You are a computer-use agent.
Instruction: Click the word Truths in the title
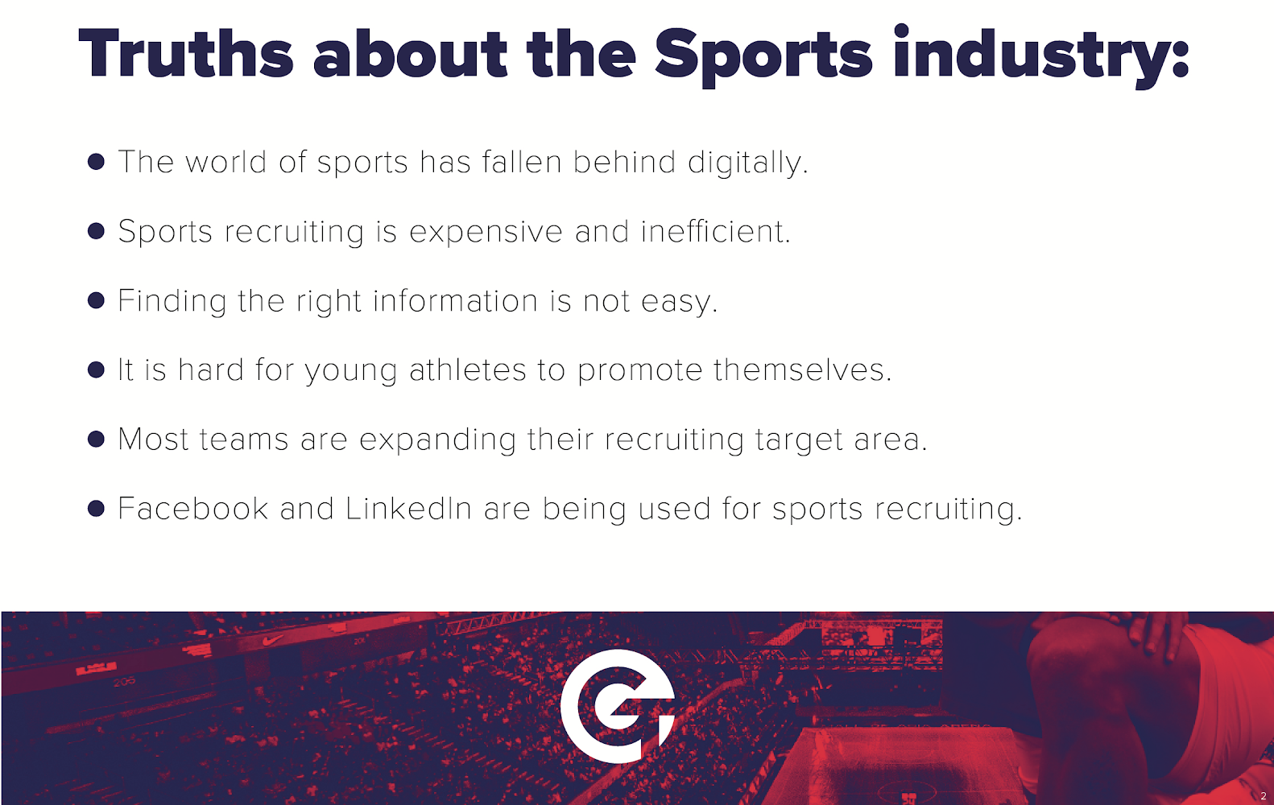[186, 53]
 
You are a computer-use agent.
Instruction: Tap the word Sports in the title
[763, 57]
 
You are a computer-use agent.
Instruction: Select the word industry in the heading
[1040, 56]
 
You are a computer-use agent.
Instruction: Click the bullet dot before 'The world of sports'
[96, 162]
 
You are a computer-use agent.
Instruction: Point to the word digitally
[748, 163]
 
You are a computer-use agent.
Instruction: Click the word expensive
[486, 233]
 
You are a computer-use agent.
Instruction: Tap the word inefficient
[715, 231]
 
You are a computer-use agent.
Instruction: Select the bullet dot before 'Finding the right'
[96, 300]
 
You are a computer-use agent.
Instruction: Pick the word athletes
[468, 369]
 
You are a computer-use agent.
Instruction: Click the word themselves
[803, 369]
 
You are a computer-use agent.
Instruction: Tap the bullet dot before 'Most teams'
[96, 439]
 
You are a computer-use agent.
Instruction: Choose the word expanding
[438, 441]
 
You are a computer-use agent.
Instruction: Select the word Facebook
[192, 508]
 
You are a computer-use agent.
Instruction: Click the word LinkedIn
[408, 508]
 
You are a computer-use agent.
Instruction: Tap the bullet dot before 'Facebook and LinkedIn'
[96, 508]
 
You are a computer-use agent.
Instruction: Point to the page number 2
[1264, 796]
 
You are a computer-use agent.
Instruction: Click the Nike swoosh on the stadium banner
[273, 640]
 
